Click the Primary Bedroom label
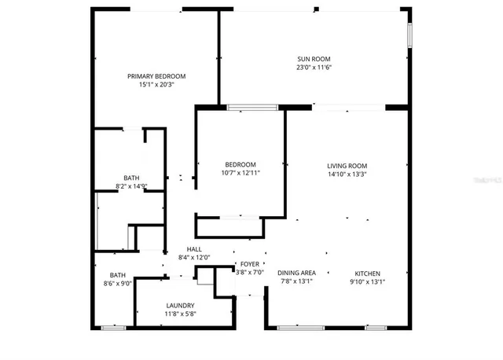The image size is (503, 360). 156,75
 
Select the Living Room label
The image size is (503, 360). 347,165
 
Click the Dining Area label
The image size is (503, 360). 296,274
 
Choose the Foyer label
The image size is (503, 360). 250,264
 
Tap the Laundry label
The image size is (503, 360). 180,306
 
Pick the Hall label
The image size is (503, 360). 194,249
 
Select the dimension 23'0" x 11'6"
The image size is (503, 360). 314,68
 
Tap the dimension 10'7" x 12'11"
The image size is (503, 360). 240,172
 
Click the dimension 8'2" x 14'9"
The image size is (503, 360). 131,186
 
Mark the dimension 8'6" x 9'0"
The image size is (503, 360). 117,283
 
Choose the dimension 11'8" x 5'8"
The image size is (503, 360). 180,314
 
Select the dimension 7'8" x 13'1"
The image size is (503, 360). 296,282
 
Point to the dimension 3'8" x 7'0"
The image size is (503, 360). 250,273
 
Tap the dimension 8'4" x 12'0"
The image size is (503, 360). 194,258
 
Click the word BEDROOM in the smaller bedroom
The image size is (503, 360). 240,163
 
